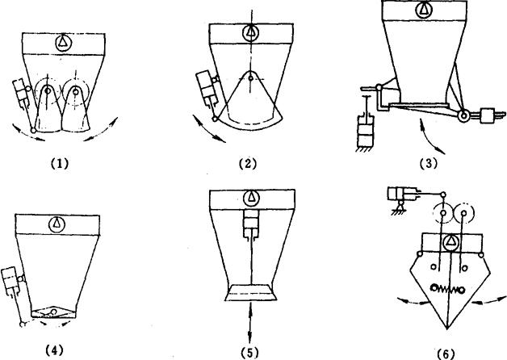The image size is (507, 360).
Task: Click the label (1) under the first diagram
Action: tap(60, 164)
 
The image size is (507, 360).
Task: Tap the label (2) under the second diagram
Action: tap(247, 164)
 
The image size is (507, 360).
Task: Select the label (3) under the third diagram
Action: tap(428, 164)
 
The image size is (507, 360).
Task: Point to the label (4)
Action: tap(54, 350)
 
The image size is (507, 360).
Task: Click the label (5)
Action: tap(250, 352)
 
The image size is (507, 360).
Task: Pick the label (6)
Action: tap(446, 354)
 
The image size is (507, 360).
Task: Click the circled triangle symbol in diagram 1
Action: tap(63, 42)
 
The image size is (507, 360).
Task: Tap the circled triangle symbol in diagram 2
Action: tap(251, 32)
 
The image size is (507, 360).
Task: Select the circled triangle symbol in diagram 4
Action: tap(57, 224)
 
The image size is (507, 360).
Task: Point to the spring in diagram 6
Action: tap(448, 289)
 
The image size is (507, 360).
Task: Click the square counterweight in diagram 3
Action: tap(488, 116)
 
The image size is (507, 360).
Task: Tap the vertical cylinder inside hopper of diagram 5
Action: tap(251, 224)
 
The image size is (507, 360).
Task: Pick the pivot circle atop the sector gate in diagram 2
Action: tap(250, 77)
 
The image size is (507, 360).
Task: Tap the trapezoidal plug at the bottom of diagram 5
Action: tap(251, 293)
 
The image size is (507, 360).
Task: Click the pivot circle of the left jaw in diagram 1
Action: tap(48, 91)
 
